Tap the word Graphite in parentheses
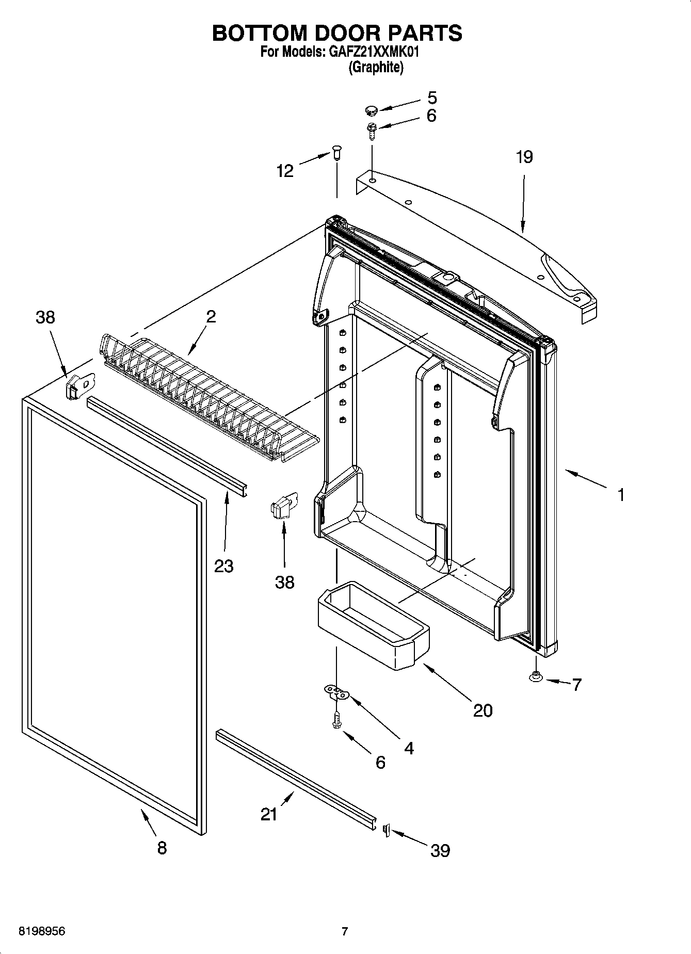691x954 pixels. [376, 67]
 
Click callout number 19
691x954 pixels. [524, 157]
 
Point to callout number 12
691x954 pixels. [285, 171]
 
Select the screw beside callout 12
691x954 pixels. [337, 153]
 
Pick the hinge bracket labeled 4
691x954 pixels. [336, 692]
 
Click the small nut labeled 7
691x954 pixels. [536, 676]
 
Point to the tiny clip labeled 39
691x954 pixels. [385, 830]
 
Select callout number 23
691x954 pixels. [224, 566]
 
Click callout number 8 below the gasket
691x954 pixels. [162, 847]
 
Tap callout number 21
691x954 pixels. [269, 815]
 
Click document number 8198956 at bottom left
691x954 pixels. [42, 932]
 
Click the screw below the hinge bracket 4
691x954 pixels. [336, 720]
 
